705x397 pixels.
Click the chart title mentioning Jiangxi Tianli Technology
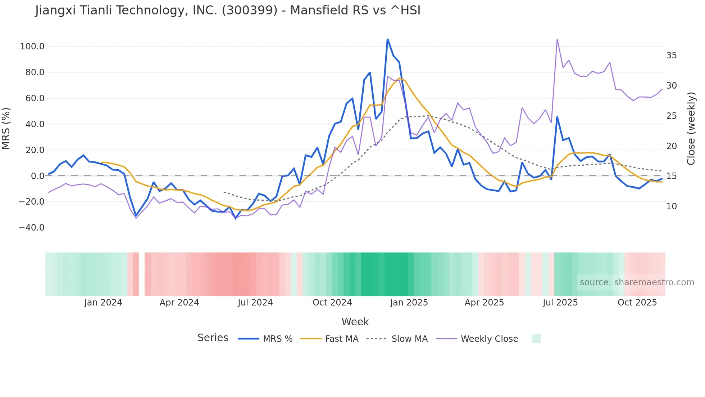[x=228, y=10]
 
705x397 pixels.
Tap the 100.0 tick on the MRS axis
[x=32, y=46]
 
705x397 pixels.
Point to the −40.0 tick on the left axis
[x=32, y=228]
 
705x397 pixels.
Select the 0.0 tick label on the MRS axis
[x=37, y=176]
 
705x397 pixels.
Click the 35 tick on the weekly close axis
[x=671, y=55]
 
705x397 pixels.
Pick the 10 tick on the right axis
[x=671, y=206]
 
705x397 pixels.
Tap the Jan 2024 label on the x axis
[x=103, y=303]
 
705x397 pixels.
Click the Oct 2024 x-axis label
[x=332, y=303]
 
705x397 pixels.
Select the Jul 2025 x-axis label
[x=560, y=303]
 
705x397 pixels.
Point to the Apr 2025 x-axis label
[x=484, y=303]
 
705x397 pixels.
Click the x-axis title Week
[x=355, y=322]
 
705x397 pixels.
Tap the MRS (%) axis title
[x=6, y=128]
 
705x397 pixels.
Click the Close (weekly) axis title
[x=691, y=128]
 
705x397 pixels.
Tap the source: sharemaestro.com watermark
[x=637, y=282]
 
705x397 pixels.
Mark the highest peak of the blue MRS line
[x=387, y=39]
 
